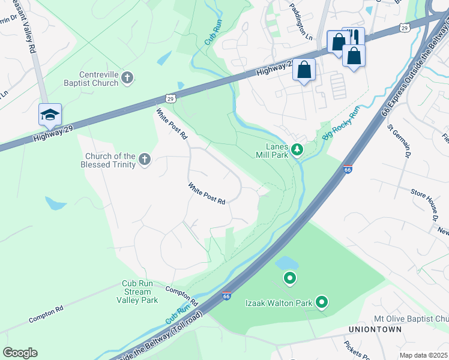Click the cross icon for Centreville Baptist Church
[127, 77]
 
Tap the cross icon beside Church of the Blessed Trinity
[144, 159]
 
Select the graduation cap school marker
[50, 114]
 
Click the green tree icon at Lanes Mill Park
[296, 149]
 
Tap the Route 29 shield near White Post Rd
[170, 97]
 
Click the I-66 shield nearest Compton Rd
[226, 296]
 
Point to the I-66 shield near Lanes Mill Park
[348, 170]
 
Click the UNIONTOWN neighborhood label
[372, 329]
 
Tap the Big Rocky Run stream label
[340, 123]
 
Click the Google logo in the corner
[20, 353]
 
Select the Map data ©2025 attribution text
[423, 355]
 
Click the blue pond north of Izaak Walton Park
[286, 263]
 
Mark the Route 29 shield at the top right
[406, 27]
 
